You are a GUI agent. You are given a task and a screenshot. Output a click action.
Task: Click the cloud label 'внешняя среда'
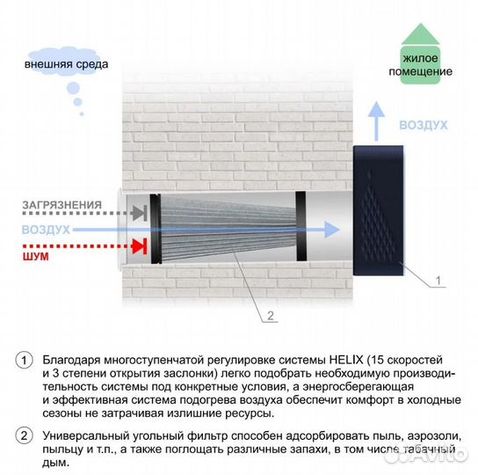66,64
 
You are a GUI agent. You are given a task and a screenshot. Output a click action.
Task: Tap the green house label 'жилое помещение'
420,65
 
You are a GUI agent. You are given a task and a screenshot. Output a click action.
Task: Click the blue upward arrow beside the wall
376,121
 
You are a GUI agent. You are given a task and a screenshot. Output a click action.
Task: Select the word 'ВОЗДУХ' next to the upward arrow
424,125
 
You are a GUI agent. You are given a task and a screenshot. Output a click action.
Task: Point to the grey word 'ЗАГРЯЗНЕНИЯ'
62,205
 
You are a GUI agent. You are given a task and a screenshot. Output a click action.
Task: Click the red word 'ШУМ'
36,257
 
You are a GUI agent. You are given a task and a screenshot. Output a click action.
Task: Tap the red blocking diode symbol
140,246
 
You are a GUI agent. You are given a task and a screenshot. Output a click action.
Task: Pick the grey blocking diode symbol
140,213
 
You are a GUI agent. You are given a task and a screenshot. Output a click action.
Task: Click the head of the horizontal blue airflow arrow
331,230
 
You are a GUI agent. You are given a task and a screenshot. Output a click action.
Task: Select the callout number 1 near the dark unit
438,281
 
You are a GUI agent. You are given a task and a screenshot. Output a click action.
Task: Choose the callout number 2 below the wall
271,316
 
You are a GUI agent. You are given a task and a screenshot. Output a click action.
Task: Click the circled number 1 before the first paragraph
24,361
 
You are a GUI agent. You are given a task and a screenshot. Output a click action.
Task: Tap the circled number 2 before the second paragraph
24,435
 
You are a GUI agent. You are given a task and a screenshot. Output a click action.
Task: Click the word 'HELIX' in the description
346,361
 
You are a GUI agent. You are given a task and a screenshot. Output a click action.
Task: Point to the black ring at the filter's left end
156,229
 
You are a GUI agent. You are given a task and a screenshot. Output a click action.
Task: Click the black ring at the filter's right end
301,226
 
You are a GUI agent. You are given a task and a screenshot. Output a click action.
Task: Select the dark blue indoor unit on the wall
379,210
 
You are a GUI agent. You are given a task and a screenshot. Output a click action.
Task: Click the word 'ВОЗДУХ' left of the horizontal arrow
46,230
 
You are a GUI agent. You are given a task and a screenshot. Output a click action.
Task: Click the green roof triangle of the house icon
421,34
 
